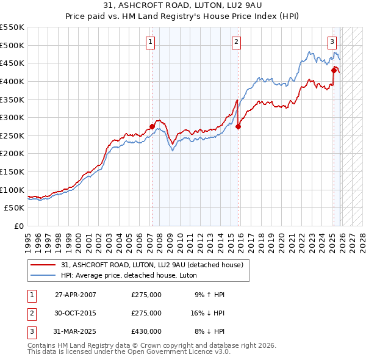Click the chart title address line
(x=183, y=6)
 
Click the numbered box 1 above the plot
(x=150, y=42)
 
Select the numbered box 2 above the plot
(x=236, y=42)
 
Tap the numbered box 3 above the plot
(x=332, y=42)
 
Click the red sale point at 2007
(x=152, y=127)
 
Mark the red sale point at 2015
(x=239, y=127)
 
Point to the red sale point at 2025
(x=334, y=71)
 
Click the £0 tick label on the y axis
(x=18, y=226)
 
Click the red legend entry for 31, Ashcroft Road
(x=152, y=265)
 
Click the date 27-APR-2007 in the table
(x=76, y=295)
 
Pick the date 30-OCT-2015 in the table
(x=76, y=313)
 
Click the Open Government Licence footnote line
(x=129, y=351)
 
